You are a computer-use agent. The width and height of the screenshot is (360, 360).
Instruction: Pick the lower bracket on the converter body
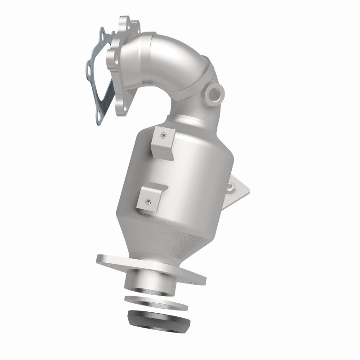pos(151,198)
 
